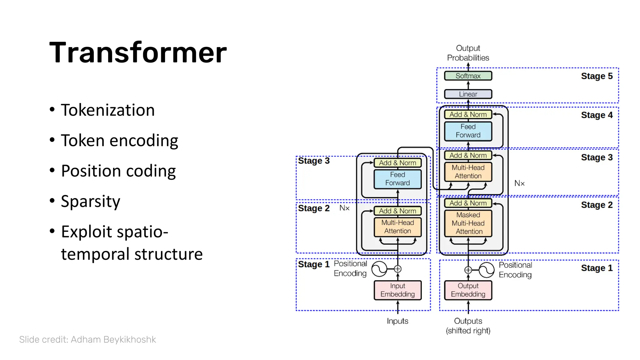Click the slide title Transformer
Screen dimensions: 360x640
coord(138,52)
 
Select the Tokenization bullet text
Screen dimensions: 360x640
coord(107,110)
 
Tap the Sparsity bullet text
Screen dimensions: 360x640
coord(90,201)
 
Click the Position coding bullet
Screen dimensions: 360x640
coord(118,171)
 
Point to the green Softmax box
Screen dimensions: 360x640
coord(468,76)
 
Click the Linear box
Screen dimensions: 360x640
coord(468,94)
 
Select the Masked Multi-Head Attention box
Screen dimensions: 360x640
coord(468,223)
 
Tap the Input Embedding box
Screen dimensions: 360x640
coord(397,290)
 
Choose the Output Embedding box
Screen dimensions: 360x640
coord(468,290)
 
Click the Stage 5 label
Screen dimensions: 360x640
coord(597,76)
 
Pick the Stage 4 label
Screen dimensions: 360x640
coord(597,115)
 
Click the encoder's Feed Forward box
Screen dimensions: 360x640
coord(397,179)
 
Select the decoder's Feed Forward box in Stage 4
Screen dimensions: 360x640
coord(468,131)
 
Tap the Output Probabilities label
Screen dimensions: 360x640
coord(468,53)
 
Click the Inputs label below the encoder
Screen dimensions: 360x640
coord(397,321)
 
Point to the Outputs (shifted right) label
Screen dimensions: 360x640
coord(468,326)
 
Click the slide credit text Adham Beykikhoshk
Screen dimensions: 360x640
coord(87,339)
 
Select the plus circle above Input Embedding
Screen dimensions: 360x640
coord(397,269)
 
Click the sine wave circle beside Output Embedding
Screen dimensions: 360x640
coord(486,270)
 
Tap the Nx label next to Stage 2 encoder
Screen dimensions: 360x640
coord(344,208)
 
